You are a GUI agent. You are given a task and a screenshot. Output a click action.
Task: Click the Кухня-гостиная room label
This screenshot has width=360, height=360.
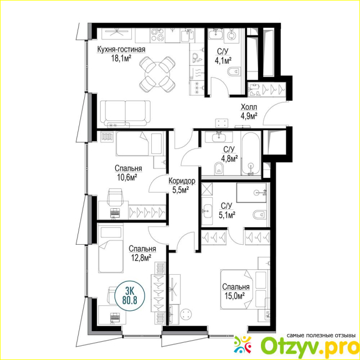tap(121, 50)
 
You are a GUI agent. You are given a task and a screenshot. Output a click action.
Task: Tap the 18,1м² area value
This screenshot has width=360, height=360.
tap(121, 59)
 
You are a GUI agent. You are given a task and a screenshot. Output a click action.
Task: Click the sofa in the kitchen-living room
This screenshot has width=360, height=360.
tap(125, 114)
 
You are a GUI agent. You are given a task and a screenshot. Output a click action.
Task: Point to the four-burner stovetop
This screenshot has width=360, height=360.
tap(157, 35)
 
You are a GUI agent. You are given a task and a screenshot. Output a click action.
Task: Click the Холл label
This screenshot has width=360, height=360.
tap(249, 107)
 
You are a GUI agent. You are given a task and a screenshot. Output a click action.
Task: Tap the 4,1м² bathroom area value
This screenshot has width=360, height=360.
tap(223, 61)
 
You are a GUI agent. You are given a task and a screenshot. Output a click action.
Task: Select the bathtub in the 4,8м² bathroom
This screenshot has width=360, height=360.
tap(251, 153)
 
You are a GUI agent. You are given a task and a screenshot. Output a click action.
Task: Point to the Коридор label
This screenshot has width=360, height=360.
tap(182, 181)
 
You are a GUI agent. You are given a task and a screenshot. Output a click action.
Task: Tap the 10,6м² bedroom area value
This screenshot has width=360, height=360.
tap(127, 177)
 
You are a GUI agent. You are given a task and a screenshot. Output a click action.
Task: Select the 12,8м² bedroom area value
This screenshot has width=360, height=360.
tap(141, 258)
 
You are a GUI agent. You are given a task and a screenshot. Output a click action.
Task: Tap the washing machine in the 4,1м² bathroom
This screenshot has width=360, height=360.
tap(232, 35)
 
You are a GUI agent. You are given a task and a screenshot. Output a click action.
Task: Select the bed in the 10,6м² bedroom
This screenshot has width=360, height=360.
tap(140, 143)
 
